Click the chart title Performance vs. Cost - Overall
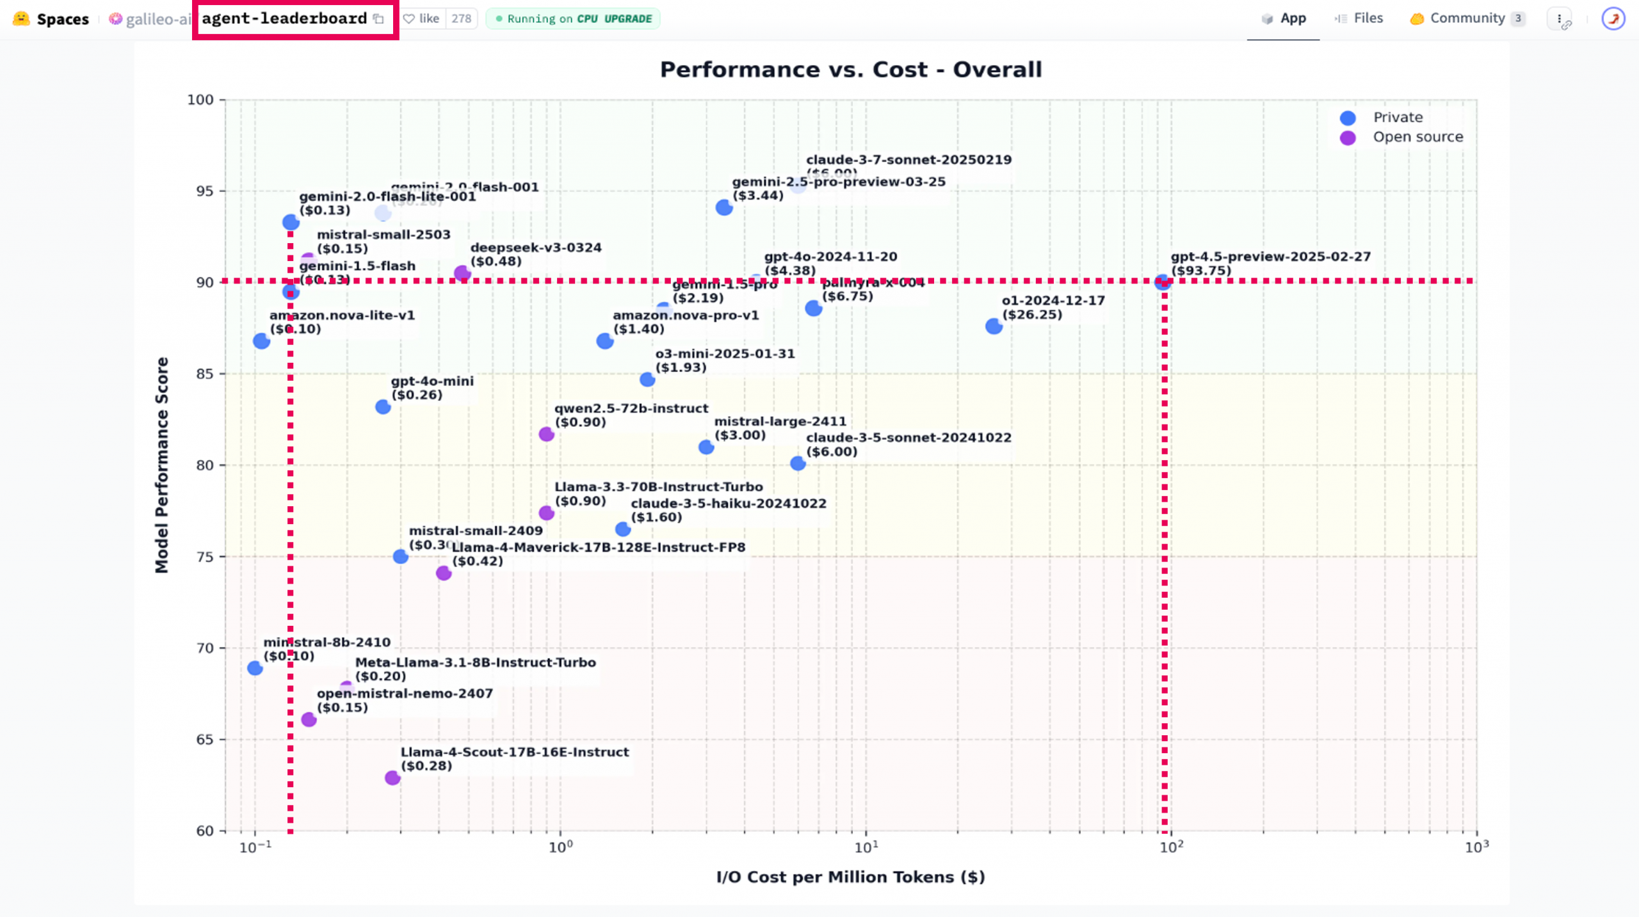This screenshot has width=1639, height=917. [850, 69]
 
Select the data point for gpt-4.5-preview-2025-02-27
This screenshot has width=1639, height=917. [1163, 282]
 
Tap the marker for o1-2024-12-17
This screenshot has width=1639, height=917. [994, 326]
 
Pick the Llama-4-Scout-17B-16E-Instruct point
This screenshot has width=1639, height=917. [392, 777]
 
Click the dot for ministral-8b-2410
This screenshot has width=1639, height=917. [255, 668]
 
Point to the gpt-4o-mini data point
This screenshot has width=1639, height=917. [383, 407]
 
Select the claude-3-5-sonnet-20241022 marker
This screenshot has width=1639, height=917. [798, 463]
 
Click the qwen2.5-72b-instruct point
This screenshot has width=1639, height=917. [546, 435]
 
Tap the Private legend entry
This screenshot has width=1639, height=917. [1398, 118]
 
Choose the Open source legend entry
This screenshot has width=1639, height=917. [1417, 137]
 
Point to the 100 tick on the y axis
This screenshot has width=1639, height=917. [200, 100]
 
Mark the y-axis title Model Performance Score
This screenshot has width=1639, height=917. [162, 465]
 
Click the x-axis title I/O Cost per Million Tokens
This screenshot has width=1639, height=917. [850, 877]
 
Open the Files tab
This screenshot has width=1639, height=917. [1360, 19]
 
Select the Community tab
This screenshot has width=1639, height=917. [1467, 19]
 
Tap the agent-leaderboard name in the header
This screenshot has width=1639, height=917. [284, 19]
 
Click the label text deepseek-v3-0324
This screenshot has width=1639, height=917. [536, 248]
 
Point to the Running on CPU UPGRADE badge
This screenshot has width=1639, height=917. [573, 19]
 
